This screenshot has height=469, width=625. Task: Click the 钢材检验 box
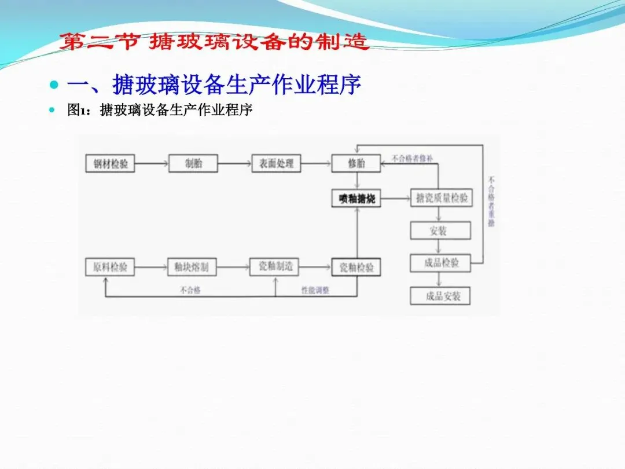[x=110, y=163]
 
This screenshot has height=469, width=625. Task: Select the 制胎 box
[x=193, y=163]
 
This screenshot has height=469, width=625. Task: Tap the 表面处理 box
[x=276, y=163]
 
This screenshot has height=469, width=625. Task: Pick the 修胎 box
[x=356, y=163]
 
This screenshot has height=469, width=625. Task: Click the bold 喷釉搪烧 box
[x=356, y=199]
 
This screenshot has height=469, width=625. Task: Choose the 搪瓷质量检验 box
[x=440, y=199]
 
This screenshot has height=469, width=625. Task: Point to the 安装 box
[x=440, y=230]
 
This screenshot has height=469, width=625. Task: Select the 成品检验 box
[x=440, y=263]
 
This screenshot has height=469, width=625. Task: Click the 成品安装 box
[x=440, y=296]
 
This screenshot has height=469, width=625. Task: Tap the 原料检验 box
[x=110, y=267]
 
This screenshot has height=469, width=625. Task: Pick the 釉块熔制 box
[x=192, y=267]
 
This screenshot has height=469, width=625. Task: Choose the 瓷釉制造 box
[x=275, y=266]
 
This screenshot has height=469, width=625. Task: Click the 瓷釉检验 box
[x=356, y=267]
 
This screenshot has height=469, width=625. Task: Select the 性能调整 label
[x=315, y=291]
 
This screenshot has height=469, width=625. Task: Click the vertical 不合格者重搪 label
[x=491, y=201]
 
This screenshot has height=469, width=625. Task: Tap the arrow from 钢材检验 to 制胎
[x=151, y=164]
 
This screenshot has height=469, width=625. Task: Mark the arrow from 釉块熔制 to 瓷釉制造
[x=233, y=267]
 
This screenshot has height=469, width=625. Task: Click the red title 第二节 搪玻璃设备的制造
[x=214, y=42]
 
